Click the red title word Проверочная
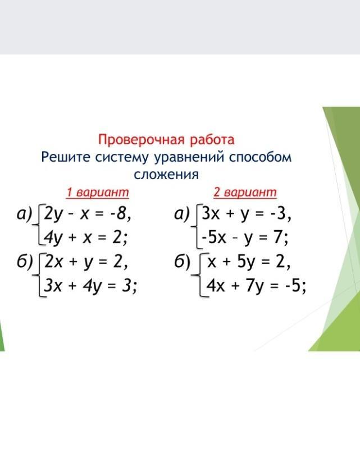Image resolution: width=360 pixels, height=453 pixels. pos(142,140)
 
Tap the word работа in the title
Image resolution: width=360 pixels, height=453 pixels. pos(212,140)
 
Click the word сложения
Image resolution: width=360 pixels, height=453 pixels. pos(166,175)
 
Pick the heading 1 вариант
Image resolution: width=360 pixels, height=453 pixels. pos(98,193)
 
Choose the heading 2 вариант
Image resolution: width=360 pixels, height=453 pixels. pos(245,193)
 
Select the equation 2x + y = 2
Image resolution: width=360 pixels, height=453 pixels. pos(86,263)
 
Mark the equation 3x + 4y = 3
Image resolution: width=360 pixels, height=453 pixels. pos(90,287)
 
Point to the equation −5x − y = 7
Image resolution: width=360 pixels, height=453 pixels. pos(245,239)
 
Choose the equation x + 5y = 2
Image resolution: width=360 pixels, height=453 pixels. pos(249,263)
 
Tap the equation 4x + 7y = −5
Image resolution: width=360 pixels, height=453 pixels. pos(256,287)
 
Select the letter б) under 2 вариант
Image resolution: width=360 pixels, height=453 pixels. pos(182,263)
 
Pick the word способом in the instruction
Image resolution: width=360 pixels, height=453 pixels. pos(260,158)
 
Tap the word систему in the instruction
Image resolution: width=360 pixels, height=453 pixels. pos(122,158)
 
